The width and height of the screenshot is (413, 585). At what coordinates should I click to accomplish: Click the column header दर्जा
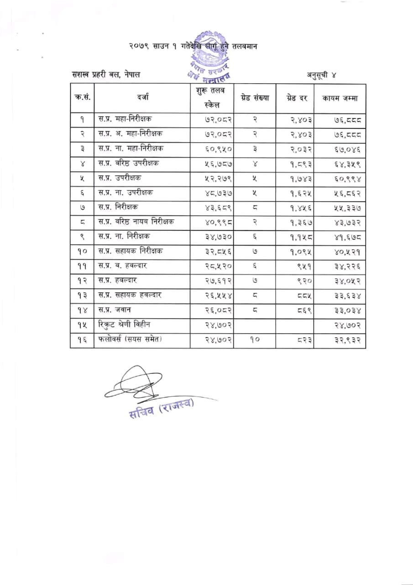pyautogui.click(x=141, y=97)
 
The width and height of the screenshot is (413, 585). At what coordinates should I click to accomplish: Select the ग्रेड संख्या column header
pyautogui.click(x=255, y=97)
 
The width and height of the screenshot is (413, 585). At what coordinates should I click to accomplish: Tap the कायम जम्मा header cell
pyautogui.click(x=340, y=98)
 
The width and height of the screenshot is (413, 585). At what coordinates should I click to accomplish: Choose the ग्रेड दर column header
pyautogui.click(x=297, y=97)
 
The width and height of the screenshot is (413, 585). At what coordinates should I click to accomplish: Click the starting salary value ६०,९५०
pyautogui.click(x=212, y=149)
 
